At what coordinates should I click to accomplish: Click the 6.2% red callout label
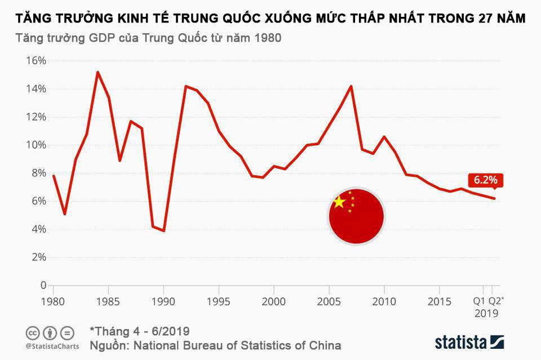click(x=485, y=180)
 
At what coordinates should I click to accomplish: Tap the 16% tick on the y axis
click(x=35, y=61)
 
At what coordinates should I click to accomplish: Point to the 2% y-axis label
click(x=38, y=257)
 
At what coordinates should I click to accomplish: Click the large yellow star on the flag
click(x=339, y=202)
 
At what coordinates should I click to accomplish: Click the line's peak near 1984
click(x=97, y=72)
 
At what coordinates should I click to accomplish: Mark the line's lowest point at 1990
click(x=163, y=230)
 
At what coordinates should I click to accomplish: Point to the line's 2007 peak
click(x=351, y=86)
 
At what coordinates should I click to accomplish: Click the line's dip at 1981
click(x=65, y=214)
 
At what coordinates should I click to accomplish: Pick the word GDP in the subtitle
click(x=98, y=39)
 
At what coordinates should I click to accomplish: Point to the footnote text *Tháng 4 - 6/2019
click(x=139, y=331)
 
